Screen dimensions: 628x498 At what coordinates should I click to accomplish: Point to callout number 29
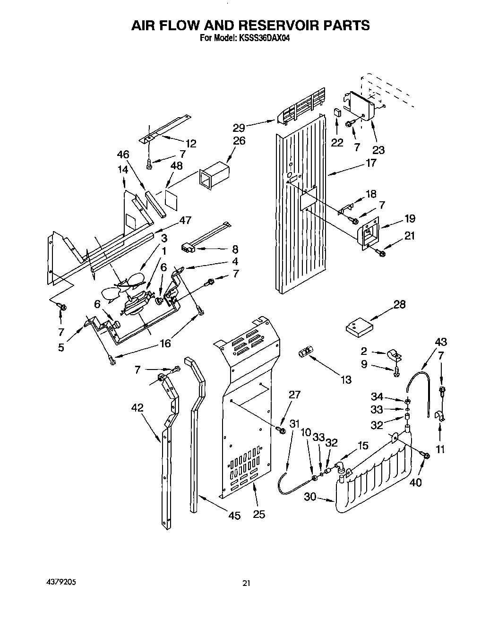[240, 127]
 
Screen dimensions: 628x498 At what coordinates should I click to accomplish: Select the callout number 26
[239, 140]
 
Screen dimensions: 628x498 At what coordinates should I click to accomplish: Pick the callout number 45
[234, 516]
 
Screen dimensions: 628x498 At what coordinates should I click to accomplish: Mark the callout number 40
[416, 482]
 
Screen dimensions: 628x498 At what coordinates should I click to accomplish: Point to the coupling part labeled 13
[306, 352]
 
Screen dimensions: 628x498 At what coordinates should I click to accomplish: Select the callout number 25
[259, 514]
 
